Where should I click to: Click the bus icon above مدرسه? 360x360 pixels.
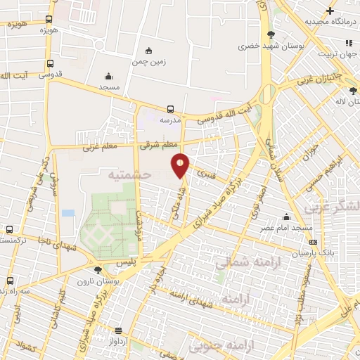170,109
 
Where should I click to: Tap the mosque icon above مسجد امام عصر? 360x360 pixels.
286,217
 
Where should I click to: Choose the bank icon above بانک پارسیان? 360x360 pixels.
312,242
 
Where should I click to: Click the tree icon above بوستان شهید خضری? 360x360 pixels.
271,34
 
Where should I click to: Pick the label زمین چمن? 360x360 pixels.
148,61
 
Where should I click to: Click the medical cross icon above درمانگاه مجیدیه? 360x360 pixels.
330,11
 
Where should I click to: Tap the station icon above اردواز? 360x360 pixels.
119,330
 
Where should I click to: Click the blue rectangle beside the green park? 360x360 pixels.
68,212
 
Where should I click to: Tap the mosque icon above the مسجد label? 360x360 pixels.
108,77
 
